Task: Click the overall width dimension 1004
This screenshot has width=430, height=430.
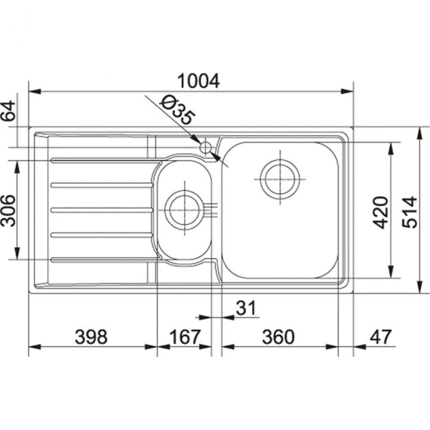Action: [198, 81]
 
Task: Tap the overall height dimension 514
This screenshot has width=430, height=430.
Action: [409, 212]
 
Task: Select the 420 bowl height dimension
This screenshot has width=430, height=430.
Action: [381, 213]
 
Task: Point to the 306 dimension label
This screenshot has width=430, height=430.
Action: [8, 211]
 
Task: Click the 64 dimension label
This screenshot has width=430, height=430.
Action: [8, 111]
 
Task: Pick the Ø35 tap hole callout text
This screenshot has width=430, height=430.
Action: [177, 110]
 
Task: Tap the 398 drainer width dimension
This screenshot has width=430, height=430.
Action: [91, 337]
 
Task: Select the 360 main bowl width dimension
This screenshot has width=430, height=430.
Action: [278, 337]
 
